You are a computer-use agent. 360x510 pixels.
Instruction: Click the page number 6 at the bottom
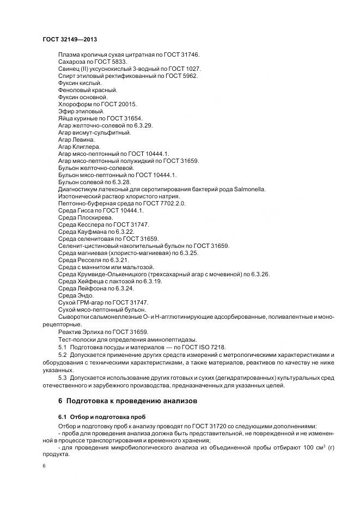44,466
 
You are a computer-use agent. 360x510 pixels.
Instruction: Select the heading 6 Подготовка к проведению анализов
128,400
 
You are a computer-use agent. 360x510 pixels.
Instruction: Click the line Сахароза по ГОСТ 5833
92,62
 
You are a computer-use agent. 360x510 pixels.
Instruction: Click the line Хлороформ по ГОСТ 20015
97,104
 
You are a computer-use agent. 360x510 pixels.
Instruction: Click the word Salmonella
250,189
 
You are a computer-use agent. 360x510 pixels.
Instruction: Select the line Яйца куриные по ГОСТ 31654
100,118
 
